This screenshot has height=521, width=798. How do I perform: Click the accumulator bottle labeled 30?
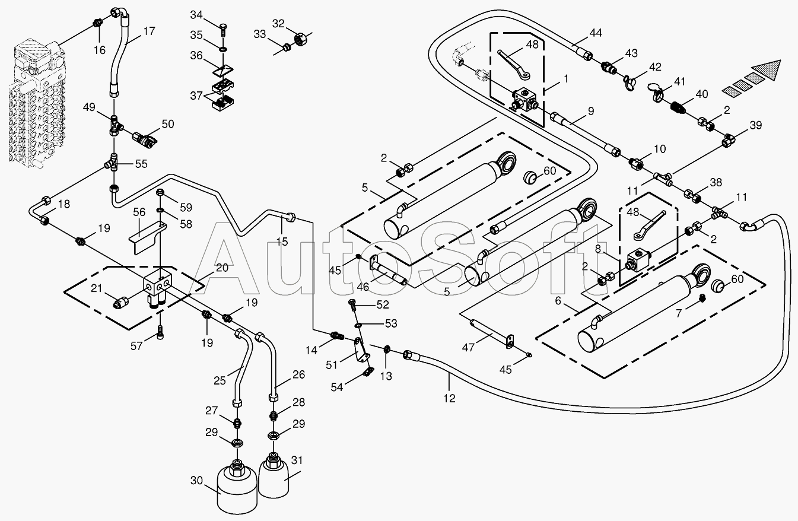(x=237, y=488)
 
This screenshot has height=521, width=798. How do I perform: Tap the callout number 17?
(x=150, y=31)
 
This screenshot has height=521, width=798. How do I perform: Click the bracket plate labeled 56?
(x=147, y=238)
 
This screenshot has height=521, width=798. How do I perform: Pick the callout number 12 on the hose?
(x=449, y=398)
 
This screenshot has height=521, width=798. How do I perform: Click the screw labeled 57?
(x=160, y=332)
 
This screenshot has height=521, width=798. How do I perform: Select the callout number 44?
(x=596, y=33)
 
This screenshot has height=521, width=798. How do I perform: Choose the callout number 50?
(x=168, y=124)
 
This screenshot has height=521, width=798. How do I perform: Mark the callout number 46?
(x=363, y=287)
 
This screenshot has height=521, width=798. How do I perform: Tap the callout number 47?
(x=468, y=347)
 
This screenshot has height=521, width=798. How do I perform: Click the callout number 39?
(x=755, y=125)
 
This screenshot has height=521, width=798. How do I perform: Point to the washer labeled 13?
(x=387, y=348)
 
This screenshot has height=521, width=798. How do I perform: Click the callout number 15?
(x=282, y=242)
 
